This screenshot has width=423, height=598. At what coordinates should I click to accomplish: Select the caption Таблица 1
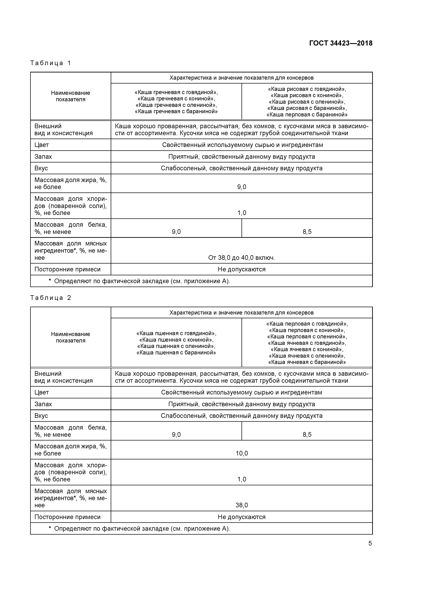(x=50, y=63)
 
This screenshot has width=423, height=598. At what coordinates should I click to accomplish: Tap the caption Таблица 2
(x=50, y=298)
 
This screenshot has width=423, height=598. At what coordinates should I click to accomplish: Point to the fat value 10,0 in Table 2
(x=242, y=453)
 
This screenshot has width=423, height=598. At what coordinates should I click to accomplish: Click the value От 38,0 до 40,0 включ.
(x=242, y=258)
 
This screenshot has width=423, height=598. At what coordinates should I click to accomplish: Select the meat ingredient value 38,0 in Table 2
(x=242, y=505)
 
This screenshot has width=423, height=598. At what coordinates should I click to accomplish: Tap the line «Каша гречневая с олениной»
(x=176, y=105)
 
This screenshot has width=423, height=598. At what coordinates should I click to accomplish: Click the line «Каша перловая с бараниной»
(x=307, y=115)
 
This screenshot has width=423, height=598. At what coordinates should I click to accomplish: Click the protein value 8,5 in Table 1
(x=307, y=232)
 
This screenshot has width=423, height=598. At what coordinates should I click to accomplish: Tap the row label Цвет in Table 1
(x=42, y=145)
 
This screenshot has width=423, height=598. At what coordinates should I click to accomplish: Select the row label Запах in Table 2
(x=43, y=404)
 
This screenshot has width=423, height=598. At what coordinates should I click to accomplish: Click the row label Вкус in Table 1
(x=41, y=168)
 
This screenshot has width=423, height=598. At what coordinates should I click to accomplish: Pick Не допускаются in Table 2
(x=242, y=517)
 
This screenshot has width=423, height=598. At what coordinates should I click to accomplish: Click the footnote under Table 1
(x=139, y=281)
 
